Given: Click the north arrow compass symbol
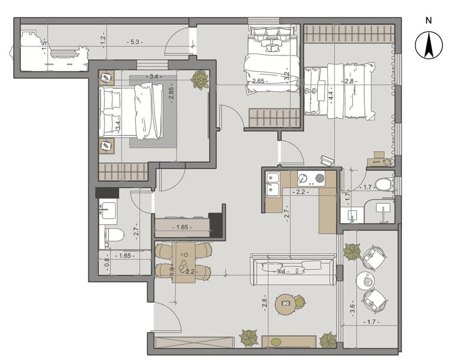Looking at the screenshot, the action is click(x=429, y=45).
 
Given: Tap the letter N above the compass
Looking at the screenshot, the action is click(x=429, y=20).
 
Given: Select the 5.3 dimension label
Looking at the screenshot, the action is click(x=135, y=42).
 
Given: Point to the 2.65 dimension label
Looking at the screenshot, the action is click(x=258, y=81).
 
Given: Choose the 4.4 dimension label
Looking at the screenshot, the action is click(x=331, y=95).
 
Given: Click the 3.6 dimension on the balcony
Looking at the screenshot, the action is click(x=352, y=309).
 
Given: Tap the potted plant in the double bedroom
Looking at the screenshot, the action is click(x=200, y=79).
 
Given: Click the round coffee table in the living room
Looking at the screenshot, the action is click(x=286, y=304).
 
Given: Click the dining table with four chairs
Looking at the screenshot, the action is click(x=184, y=262).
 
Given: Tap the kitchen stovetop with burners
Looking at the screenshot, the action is click(x=311, y=178).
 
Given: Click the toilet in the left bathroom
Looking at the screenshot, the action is click(x=114, y=235).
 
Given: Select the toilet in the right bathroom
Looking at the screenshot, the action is click(x=384, y=185).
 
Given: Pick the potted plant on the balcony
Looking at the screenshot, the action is click(x=352, y=252).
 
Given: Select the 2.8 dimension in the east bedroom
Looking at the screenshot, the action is click(x=349, y=81).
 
